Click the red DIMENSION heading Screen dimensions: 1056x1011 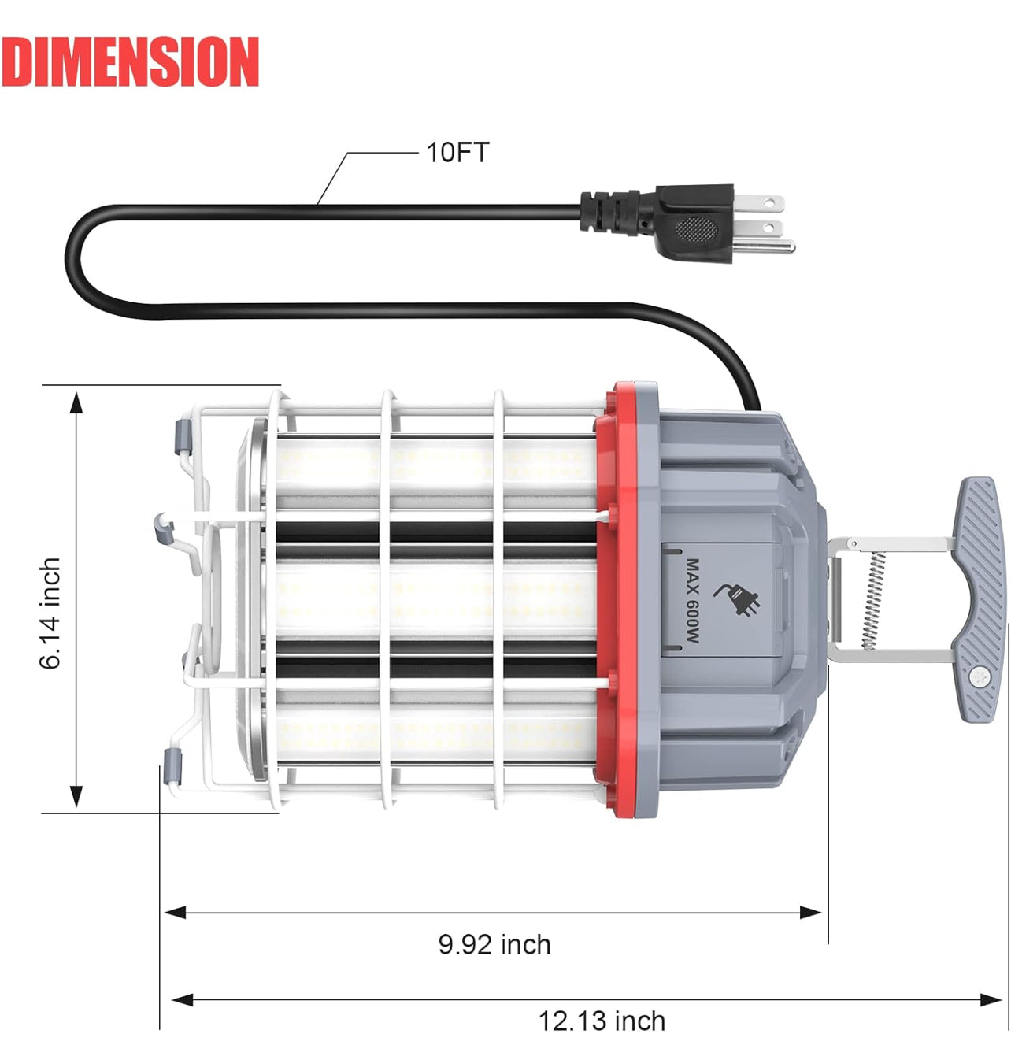(130, 61)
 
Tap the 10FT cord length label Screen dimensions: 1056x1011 (457, 152)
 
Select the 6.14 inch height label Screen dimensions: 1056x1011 (50, 613)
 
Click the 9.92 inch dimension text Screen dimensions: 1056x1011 (494, 944)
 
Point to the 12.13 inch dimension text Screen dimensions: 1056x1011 (602, 1021)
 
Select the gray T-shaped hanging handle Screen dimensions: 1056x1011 (978, 598)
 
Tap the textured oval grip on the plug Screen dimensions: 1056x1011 (696, 230)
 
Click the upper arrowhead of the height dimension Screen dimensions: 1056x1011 (76, 402)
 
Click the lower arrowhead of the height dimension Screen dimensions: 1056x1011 (76, 797)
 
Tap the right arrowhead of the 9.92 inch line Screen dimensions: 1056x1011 (811, 913)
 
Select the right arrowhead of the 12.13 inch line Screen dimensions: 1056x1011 (991, 1000)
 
